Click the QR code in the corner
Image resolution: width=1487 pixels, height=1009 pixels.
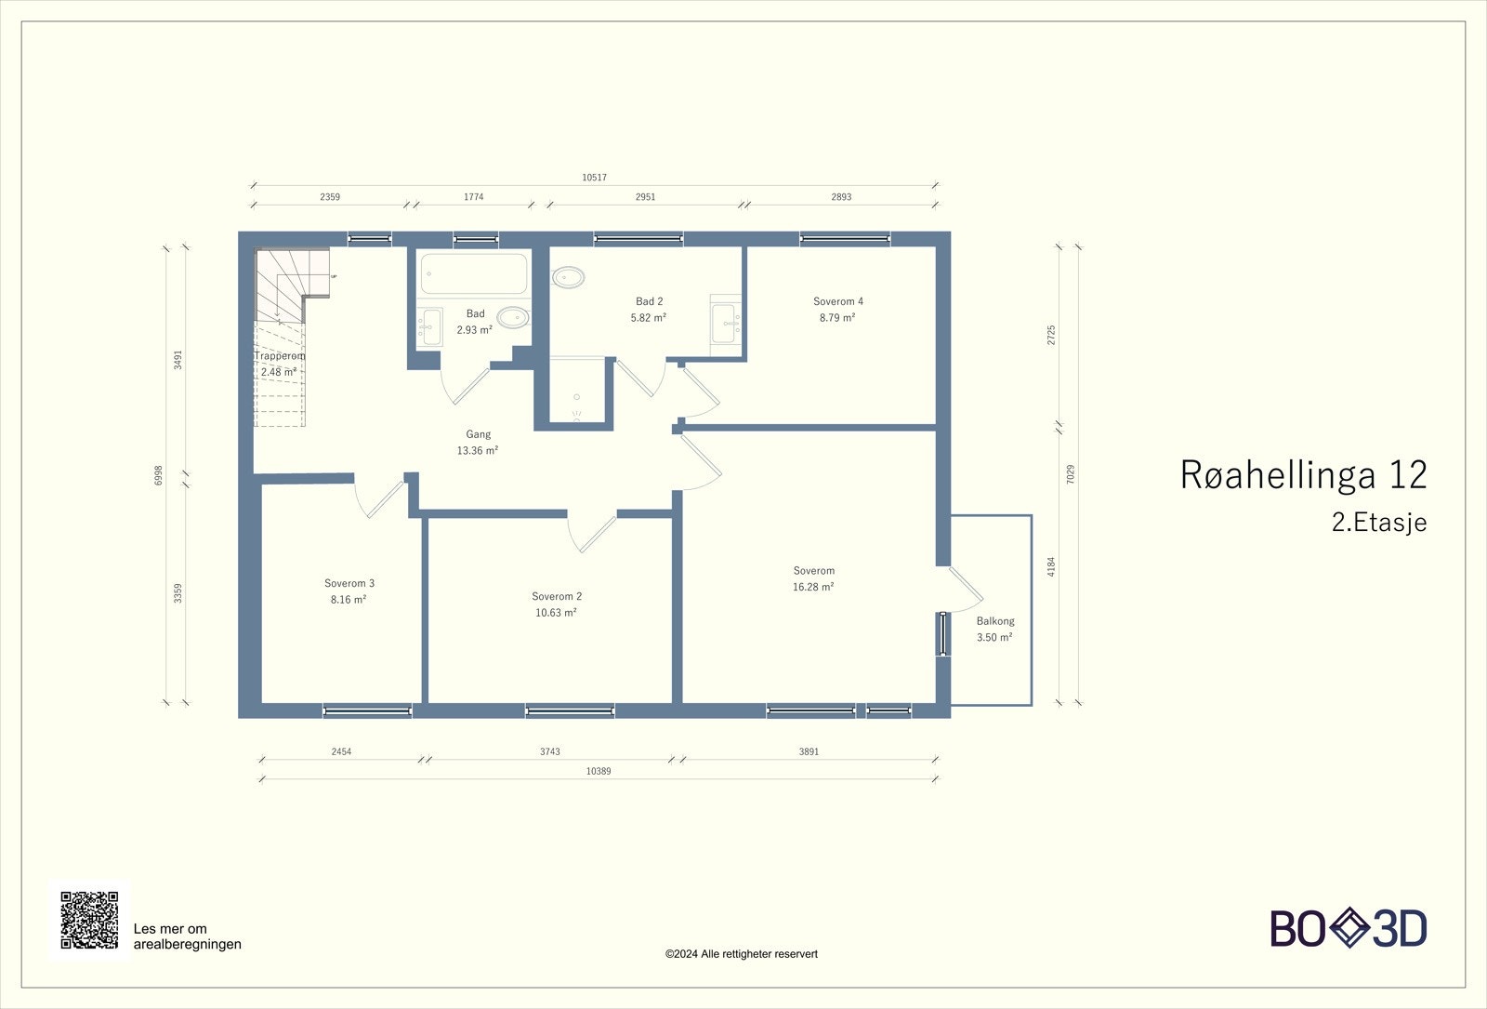pos(89,920)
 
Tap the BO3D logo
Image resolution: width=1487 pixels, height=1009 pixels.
pos(1348,928)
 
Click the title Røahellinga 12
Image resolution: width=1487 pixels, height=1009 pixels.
pos(1303,474)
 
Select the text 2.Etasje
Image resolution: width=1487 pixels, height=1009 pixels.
pos(1378,523)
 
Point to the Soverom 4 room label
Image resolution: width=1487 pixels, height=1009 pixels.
pos(837,301)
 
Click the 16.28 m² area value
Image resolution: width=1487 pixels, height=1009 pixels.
pos(812,587)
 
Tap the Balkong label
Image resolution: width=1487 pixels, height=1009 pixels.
pos(994,621)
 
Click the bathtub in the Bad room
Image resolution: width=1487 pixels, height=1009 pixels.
pos(473,273)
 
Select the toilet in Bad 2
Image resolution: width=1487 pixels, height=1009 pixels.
pos(568,276)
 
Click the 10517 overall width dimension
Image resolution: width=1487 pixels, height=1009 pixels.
pos(594,177)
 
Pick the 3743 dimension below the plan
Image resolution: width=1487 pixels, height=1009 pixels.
pos(549,751)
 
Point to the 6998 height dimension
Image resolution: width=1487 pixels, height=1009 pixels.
pos(158,475)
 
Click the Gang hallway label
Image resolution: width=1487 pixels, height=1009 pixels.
pos(478,434)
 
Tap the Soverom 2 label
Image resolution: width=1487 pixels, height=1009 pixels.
pos(556,596)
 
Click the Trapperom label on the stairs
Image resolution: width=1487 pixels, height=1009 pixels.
pos(279,356)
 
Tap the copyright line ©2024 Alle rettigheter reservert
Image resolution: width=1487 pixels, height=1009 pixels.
pos(741,953)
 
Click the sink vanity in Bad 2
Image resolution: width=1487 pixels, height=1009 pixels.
pos(726,323)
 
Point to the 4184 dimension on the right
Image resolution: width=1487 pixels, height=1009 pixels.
pos(1051,565)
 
